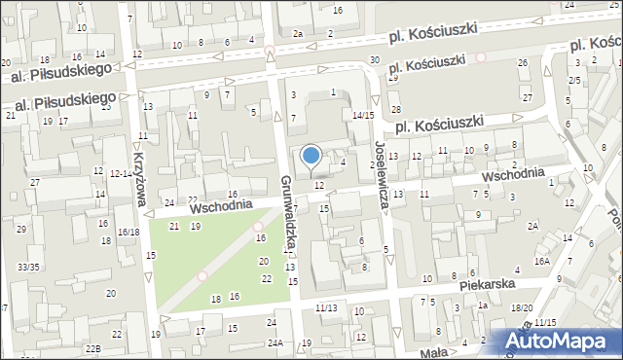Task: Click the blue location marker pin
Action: [311, 156]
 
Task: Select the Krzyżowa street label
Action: [139, 181]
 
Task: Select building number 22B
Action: [92, 348]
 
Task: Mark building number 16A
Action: [541, 262]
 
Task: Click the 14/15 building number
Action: [363, 115]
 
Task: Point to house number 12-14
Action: [122, 173]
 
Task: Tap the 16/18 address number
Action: [128, 233]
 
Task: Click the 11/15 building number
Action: [544, 322]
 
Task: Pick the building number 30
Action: [375, 61]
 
